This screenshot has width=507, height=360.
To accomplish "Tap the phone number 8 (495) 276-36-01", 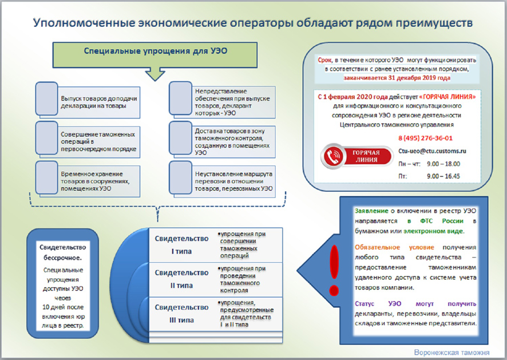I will pos(425,138).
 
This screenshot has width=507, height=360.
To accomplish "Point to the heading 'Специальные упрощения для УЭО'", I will pos(156,50).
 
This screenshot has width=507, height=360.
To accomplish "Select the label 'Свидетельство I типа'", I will pos(181,244).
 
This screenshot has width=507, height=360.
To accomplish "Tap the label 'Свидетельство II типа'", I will pos(181,279).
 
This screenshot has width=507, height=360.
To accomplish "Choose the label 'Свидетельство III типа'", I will pos(181,313).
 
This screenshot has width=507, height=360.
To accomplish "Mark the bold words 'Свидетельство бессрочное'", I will pos(62,252).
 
